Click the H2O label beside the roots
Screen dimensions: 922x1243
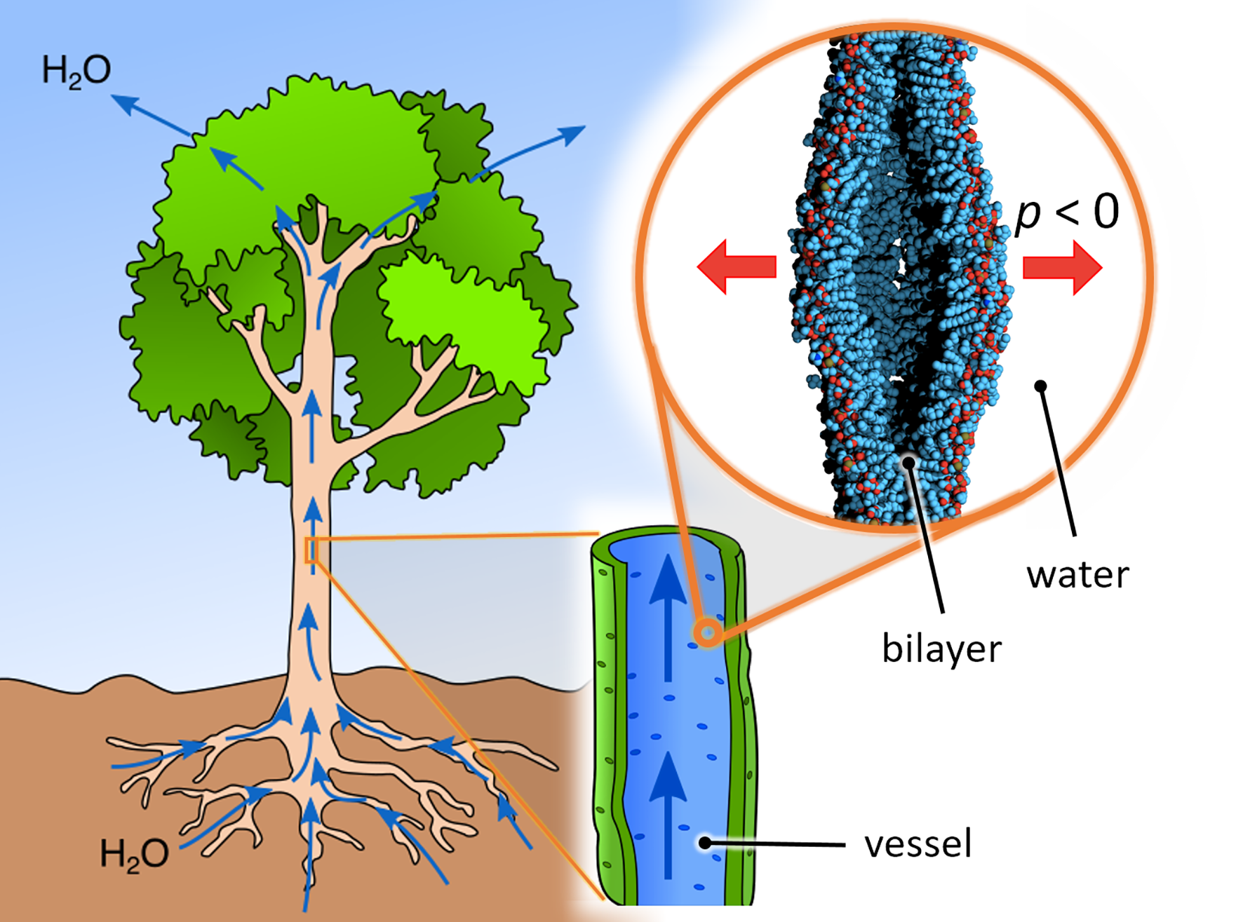[134, 854]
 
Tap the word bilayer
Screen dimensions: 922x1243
[941, 649]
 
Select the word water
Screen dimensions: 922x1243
[1077, 575]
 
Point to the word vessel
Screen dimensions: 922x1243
[918, 843]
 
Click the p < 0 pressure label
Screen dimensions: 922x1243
[1066, 212]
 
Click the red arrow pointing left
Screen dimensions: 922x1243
[737, 266]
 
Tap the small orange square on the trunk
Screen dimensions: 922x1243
[311, 550]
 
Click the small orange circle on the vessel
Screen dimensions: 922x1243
[708, 633]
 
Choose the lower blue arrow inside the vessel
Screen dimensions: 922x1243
[668, 813]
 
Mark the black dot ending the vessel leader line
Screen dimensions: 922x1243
[705, 843]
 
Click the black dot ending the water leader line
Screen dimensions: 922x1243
[1041, 386]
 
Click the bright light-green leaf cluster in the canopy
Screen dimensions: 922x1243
[463, 316]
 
